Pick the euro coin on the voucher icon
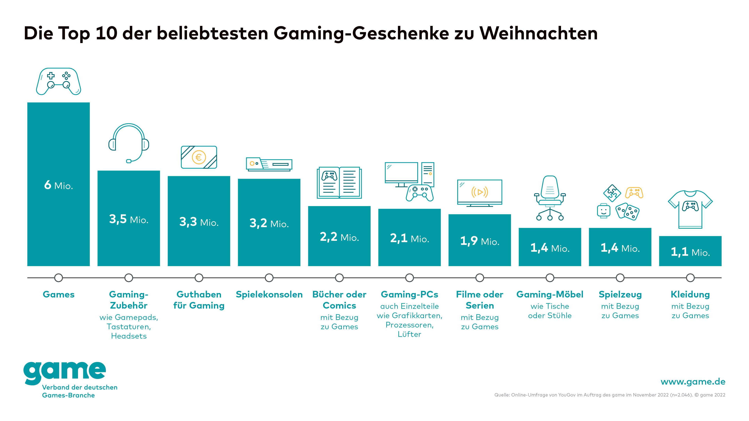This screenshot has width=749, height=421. coord(199,157)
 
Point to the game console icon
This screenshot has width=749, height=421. coord(269,164)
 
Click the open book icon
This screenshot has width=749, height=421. coord(339,183)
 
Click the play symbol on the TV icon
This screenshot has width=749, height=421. coord(480,192)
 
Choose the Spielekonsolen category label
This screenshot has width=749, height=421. coord(269,294)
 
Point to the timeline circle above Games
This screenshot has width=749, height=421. coord(59,278)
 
